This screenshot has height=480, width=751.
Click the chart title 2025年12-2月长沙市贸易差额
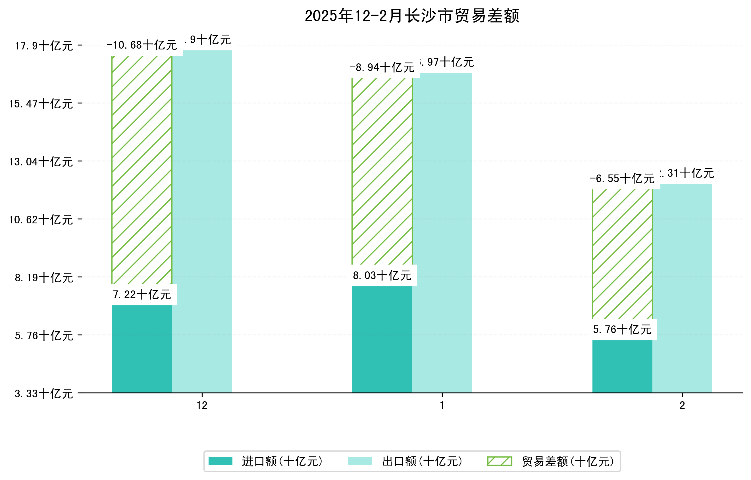click(x=412, y=16)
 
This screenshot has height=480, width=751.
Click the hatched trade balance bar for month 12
click(x=142, y=170)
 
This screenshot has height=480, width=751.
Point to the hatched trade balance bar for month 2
click(x=622, y=254)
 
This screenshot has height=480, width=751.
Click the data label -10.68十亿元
click(x=142, y=45)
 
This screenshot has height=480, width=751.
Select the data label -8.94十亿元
click(x=382, y=67)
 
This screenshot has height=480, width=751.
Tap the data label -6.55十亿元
click(x=622, y=179)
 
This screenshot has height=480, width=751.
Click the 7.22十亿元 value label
click(x=142, y=294)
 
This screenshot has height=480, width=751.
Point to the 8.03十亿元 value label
click(x=382, y=275)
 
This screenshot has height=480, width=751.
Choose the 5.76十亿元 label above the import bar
click(x=622, y=329)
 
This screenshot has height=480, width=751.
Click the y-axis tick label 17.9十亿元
click(x=44, y=46)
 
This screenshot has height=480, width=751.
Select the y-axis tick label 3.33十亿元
click(x=44, y=394)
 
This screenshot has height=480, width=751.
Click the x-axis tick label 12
click(x=202, y=406)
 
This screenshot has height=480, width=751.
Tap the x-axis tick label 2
click(x=683, y=406)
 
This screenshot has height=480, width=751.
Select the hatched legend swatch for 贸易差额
click(x=500, y=461)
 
